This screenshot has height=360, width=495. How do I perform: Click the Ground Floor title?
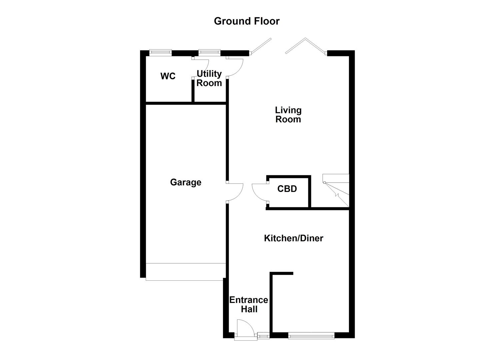[x=246, y=21]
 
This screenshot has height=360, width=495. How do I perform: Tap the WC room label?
[x=168, y=76]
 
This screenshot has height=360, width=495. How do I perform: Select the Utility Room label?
[x=209, y=78]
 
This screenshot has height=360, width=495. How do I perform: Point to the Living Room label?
[x=288, y=115]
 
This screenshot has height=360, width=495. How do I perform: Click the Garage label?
[x=185, y=182]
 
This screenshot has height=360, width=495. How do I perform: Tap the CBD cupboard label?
[x=287, y=189]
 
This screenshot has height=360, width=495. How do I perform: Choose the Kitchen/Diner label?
[x=293, y=238]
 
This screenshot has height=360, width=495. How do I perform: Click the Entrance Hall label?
[x=249, y=304]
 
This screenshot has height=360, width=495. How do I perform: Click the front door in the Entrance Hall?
[x=245, y=330]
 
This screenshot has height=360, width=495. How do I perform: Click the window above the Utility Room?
[x=209, y=52]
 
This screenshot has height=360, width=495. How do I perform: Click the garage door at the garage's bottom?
[x=185, y=272]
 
